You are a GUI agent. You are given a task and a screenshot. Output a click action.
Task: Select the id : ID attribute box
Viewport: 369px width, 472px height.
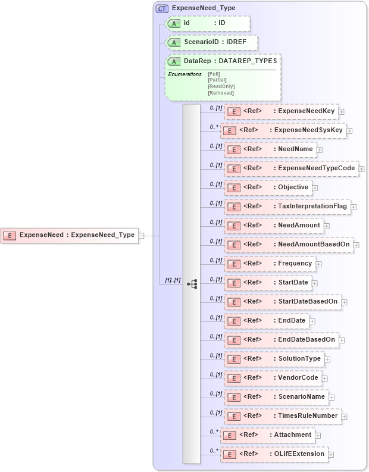coord(208,23)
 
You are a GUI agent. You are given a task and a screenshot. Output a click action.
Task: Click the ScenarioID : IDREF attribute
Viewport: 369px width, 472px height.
coord(212,43)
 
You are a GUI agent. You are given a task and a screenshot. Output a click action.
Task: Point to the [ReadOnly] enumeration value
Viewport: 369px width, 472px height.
coord(221,86)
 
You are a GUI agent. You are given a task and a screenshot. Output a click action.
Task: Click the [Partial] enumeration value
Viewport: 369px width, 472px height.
coord(217,80)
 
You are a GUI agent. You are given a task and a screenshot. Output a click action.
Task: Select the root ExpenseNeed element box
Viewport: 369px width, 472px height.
coord(70,235)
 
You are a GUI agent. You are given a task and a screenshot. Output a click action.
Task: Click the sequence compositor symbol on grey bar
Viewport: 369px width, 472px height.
coord(192,284)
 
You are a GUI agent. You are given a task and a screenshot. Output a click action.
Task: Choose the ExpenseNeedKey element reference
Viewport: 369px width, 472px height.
coord(281,111)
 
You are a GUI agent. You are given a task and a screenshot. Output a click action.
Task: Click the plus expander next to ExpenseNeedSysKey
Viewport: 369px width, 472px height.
coord(349,130)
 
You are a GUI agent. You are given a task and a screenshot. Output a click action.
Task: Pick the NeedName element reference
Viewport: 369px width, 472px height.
coord(270,149)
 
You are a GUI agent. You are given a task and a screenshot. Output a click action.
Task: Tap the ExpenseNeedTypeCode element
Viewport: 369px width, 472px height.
coord(292,168)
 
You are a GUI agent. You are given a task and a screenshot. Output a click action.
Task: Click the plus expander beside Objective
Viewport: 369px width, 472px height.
coord(315,187)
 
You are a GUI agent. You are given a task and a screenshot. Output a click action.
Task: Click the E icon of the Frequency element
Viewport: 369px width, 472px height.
coord(233,264)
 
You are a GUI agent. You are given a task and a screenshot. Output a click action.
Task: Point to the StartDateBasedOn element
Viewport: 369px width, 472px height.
coord(283,302)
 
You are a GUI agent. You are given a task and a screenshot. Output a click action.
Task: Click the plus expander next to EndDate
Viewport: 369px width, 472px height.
coord(312,321)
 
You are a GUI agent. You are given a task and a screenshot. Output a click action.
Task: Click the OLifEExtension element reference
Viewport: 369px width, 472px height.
coord(274,454)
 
